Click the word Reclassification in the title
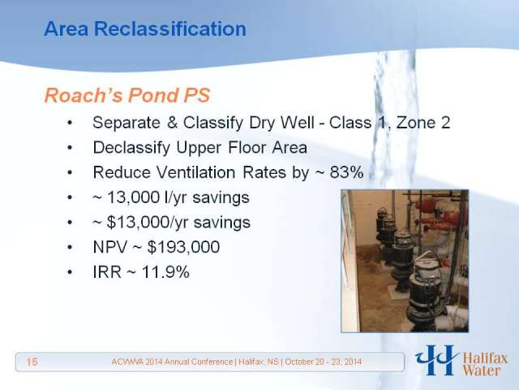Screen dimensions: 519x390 pyautogui.click(x=170, y=28)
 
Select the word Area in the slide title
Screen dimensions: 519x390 pyautogui.click(x=66, y=28)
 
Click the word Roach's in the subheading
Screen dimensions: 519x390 pyautogui.click(x=84, y=95)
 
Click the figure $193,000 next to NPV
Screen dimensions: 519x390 pyautogui.click(x=183, y=247)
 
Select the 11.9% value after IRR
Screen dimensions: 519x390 pyautogui.click(x=165, y=272)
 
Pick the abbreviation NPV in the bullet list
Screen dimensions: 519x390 pyautogui.click(x=110, y=247)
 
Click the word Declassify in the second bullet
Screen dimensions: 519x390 pyautogui.click(x=131, y=148)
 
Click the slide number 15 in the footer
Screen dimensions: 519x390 pyautogui.click(x=32, y=362)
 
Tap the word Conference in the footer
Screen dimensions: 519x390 pyautogui.click(x=208, y=362)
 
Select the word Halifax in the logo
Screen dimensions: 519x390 pyautogui.click(x=485, y=359)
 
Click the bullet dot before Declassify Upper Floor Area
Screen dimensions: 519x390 pyautogui.click(x=70, y=148)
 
